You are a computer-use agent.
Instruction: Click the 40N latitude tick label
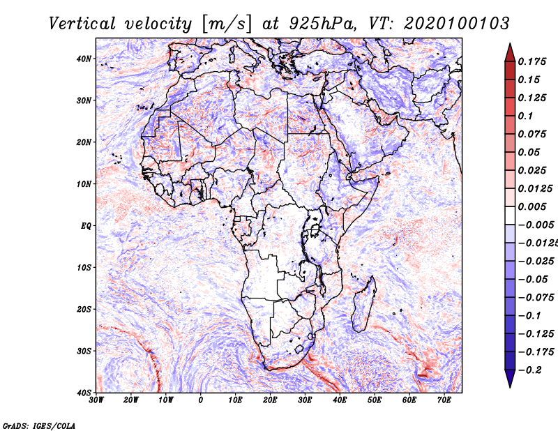(84, 59)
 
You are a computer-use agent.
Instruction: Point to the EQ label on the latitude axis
(86, 226)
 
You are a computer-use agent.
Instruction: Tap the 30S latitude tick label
(84, 351)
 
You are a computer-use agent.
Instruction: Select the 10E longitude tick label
(235, 400)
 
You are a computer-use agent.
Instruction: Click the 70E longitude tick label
(444, 400)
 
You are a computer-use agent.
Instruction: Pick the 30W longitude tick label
(96, 400)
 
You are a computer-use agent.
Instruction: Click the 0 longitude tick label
(201, 400)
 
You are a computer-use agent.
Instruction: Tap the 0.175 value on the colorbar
(531, 61)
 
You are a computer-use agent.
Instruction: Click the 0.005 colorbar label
(531, 206)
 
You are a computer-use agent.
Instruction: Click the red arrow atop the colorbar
(510, 53)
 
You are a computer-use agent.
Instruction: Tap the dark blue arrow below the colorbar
(510, 379)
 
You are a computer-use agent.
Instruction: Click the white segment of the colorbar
(510, 215)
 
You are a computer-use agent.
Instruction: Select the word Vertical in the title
(82, 24)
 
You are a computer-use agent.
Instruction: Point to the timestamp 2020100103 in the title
(457, 24)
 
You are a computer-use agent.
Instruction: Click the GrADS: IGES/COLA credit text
(39, 426)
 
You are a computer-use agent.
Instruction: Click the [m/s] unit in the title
(227, 24)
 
